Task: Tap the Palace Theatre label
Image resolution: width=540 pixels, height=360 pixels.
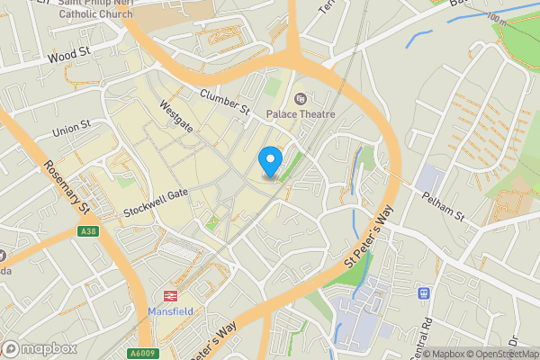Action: [301, 114]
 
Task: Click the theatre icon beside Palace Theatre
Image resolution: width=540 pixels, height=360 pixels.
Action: [301, 98]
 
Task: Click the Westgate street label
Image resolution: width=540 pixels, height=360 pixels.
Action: [175, 115]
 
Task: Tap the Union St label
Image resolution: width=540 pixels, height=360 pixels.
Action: [72, 129]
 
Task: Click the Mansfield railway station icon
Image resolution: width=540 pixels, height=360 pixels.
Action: [168, 295]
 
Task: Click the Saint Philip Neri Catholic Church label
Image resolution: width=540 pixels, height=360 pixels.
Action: [94, 8]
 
